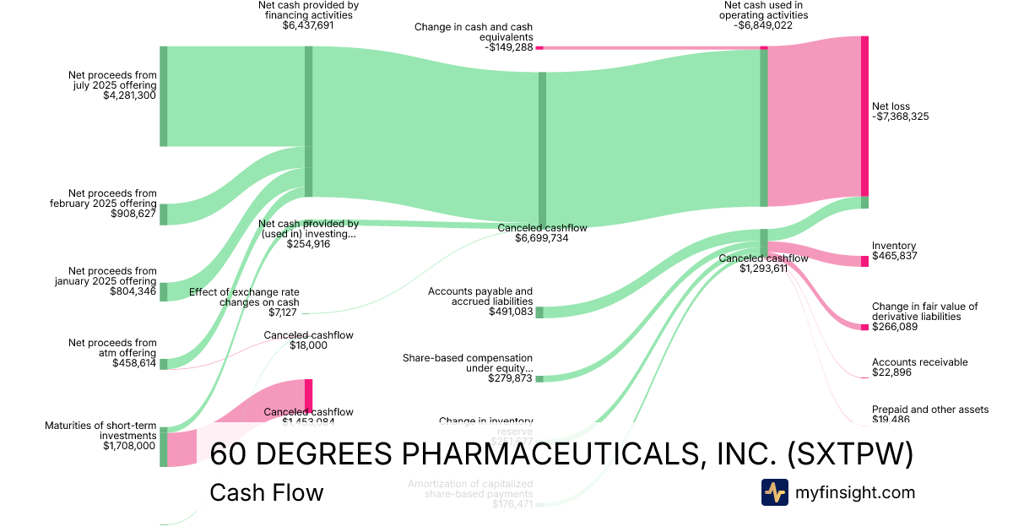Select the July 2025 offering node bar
point(163,96)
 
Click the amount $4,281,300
point(130,96)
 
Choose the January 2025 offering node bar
point(163,292)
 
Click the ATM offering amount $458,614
point(133,363)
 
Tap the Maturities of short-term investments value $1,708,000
point(129,446)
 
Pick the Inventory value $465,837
point(895,255)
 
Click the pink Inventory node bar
point(864,261)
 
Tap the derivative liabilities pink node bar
point(864,327)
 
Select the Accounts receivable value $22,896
point(891,373)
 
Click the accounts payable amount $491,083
point(511,312)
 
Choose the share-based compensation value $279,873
point(511,378)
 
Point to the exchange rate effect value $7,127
point(284,312)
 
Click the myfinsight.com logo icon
point(774,492)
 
